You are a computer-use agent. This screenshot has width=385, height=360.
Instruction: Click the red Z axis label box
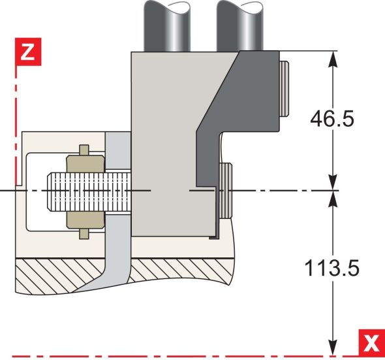(26, 52)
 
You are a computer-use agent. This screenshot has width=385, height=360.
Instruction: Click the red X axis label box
(372, 342)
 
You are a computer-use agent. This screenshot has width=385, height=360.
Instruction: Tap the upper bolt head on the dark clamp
(283, 88)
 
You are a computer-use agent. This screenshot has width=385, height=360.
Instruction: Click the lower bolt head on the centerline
(224, 190)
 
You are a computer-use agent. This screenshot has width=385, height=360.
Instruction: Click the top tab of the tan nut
(84, 150)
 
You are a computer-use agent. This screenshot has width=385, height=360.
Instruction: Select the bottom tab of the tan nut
(84, 233)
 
